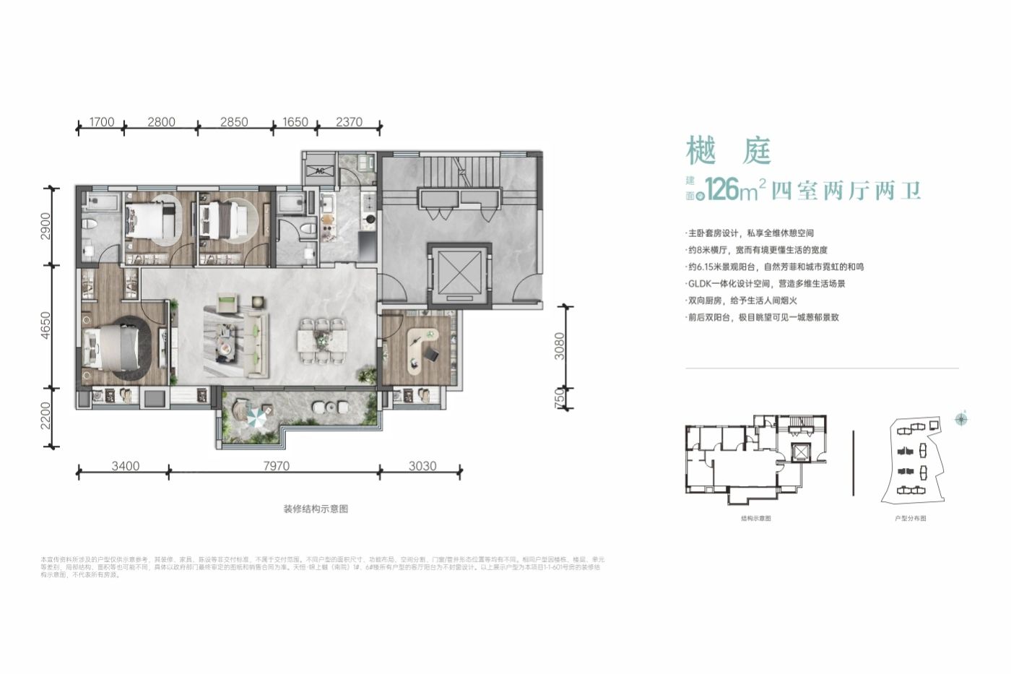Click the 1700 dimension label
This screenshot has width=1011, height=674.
[x=103, y=122]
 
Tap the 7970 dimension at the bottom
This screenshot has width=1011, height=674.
[x=276, y=466]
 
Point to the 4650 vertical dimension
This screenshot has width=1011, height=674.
[x=45, y=327]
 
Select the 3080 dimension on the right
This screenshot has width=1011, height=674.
[x=560, y=346]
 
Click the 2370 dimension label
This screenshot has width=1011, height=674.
[x=349, y=122]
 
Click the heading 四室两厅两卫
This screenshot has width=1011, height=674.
[x=846, y=191]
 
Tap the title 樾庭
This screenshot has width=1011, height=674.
[x=728, y=152]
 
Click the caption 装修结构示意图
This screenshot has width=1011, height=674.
[x=316, y=509]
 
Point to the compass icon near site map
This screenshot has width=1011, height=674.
[x=961, y=418]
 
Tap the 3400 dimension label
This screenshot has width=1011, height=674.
[x=126, y=466]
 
